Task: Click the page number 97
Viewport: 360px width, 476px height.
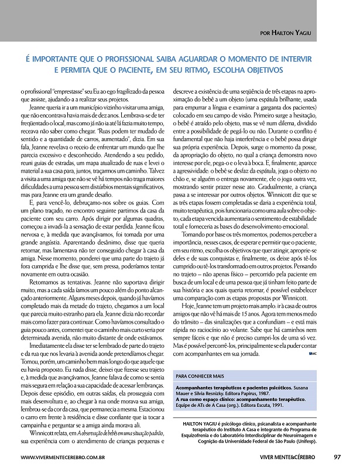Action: click(x=338, y=457)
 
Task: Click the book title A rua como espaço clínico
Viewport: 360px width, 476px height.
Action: click(x=219, y=398)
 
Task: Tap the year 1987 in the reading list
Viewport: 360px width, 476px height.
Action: click(x=269, y=393)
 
